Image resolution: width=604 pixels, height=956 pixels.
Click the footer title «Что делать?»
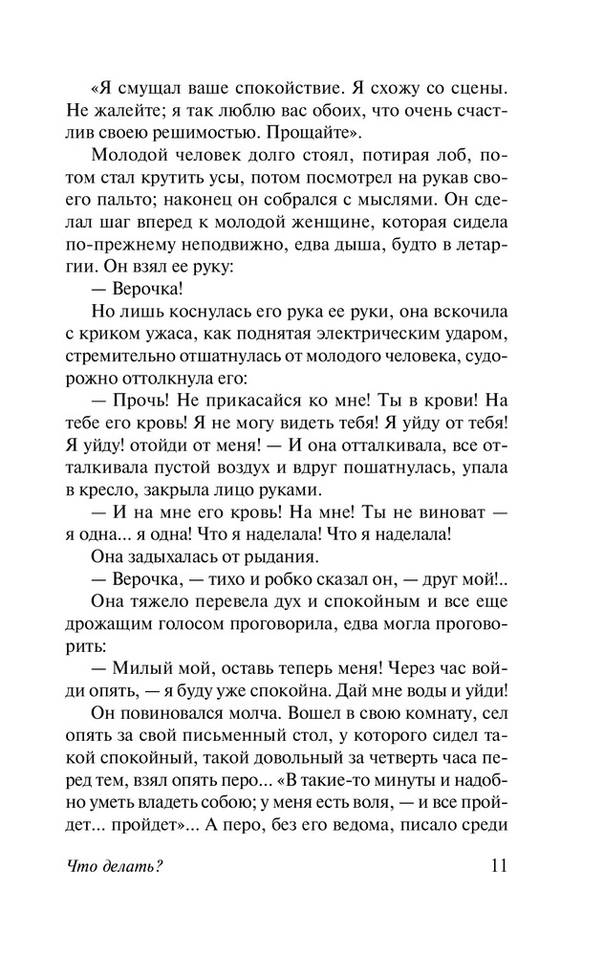pyautogui.click(x=114, y=868)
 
